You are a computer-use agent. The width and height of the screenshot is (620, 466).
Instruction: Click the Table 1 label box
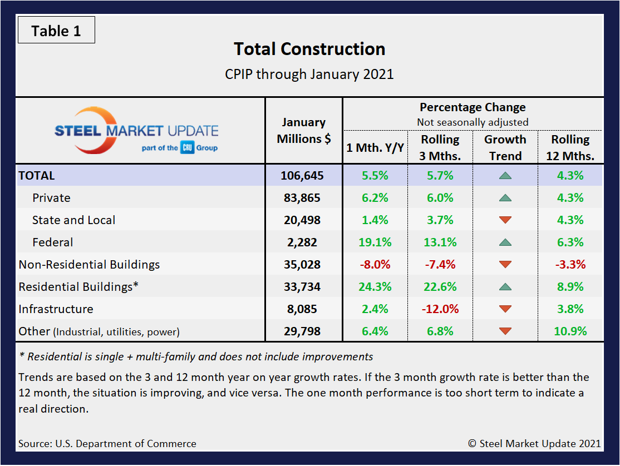(56, 31)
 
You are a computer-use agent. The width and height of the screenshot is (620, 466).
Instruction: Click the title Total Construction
(309, 49)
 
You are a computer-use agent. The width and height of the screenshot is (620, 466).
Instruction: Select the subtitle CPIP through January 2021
(309, 74)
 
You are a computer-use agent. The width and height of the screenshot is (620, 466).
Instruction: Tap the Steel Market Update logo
(136, 131)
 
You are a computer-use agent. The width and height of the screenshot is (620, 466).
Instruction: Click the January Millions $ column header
(303, 131)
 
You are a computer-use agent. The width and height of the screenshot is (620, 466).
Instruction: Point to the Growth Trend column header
(505, 147)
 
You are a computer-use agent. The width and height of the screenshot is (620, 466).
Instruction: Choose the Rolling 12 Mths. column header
(570, 147)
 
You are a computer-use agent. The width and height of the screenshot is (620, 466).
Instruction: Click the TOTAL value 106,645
(303, 176)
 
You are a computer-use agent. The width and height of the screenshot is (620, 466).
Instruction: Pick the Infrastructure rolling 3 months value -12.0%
(440, 309)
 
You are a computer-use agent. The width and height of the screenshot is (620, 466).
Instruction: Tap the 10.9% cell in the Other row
(570, 331)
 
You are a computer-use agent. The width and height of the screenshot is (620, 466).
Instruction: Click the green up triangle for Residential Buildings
(505, 287)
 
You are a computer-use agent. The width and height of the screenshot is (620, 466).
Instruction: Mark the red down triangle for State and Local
(505, 220)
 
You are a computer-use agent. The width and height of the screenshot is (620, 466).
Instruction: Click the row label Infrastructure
(56, 309)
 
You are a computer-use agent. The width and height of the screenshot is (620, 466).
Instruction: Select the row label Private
(51, 198)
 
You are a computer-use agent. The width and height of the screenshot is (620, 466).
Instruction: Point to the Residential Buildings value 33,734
(303, 287)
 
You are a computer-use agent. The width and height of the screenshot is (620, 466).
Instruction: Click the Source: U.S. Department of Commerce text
(107, 444)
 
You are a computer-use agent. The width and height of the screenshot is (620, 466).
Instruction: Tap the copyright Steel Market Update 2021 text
(534, 444)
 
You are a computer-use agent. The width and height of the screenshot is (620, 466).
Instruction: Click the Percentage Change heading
(472, 107)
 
